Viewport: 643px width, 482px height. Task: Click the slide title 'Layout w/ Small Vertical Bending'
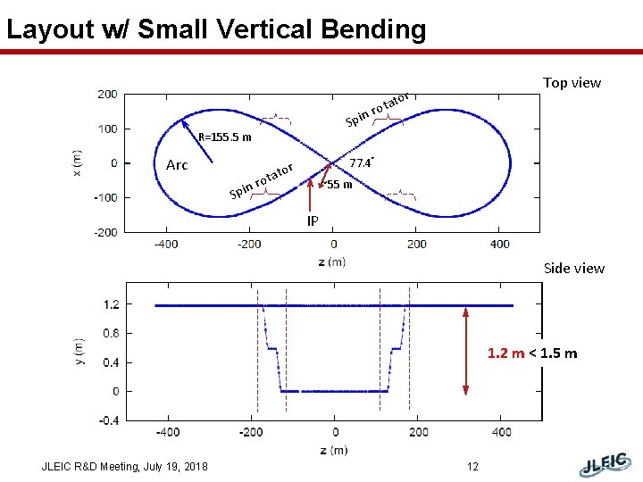coord(216,29)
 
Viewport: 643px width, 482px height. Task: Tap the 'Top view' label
coord(572,83)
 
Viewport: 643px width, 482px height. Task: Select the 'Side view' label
coord(573,268)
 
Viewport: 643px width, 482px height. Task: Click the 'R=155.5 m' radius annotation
coord(225,138)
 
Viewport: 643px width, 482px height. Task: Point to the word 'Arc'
coord(177,165)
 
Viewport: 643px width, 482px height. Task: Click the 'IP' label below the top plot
coord(312,220)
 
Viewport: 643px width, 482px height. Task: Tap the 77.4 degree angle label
coord(360,163)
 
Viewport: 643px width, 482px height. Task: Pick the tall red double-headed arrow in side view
coord(466,350)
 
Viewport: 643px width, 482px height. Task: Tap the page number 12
coord(473,467)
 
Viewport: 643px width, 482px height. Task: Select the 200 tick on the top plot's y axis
coord(106,94)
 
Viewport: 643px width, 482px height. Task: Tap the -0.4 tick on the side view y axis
coord(106,420)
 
